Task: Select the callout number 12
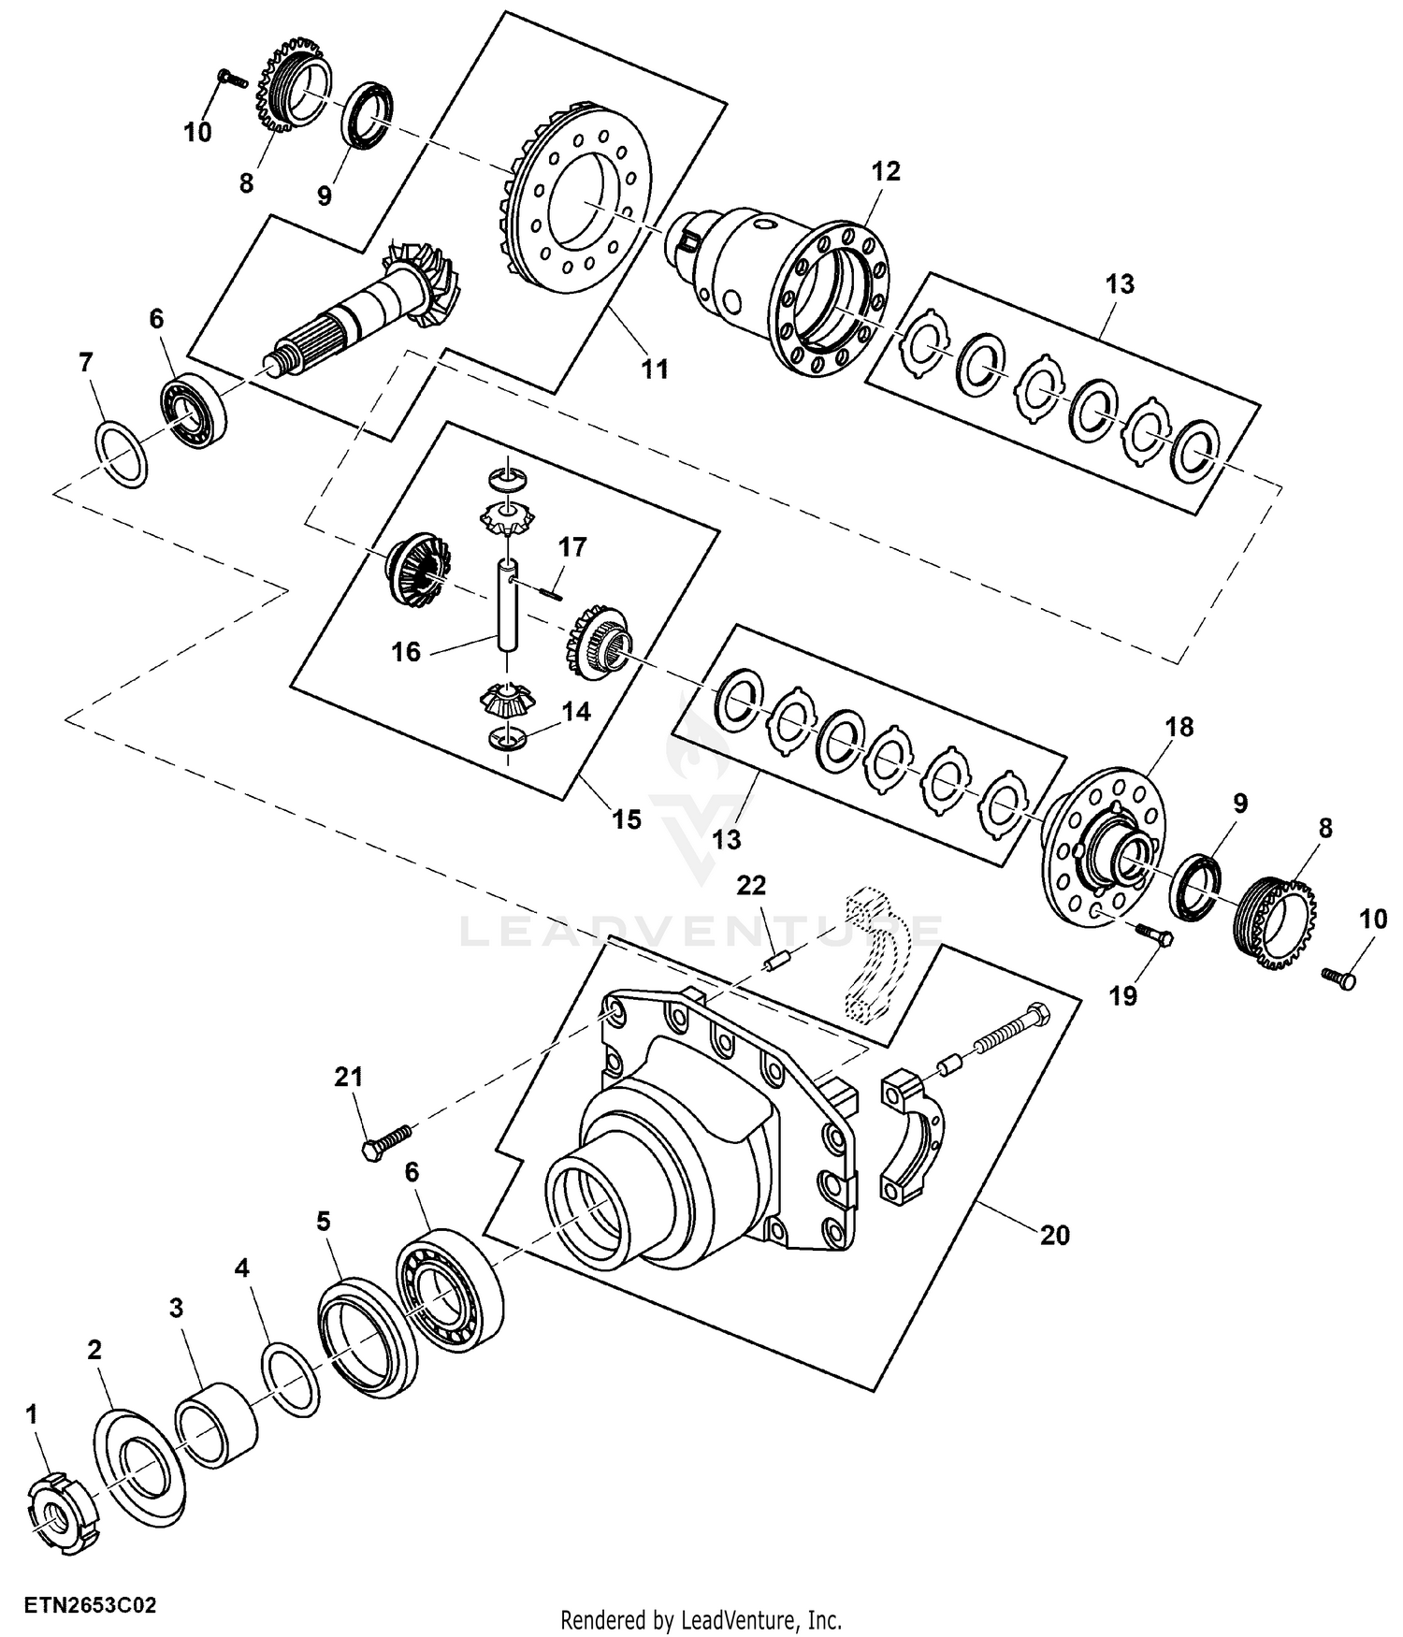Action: (x=886, y=171)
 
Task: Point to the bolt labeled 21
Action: (x=387, y=1143)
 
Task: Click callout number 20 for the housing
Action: (x=1054, y=1235)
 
